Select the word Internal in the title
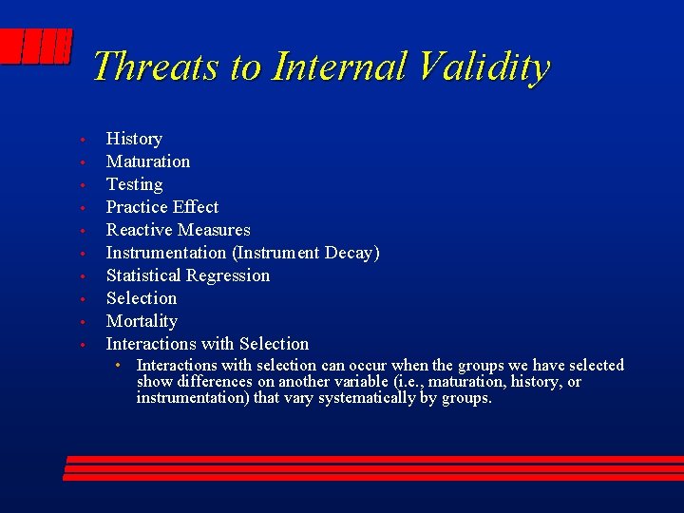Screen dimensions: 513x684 click(339, 67)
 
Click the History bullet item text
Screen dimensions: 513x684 click(134, 139)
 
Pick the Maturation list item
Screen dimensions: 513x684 click(147, 161)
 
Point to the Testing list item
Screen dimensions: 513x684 click(134, 184)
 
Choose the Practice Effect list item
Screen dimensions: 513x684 click(161, 207)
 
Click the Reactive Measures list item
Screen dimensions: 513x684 click(178, 230)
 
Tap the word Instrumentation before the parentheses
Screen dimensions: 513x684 click(165, 253)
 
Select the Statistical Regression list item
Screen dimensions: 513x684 click(187, 275)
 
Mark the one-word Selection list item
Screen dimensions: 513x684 click(141, 298)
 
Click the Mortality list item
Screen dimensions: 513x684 click(142, 321)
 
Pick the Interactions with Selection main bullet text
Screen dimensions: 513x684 click(207, 344)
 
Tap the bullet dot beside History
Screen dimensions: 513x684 click(84, 141)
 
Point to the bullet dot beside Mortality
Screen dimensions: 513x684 click(84, 323)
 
